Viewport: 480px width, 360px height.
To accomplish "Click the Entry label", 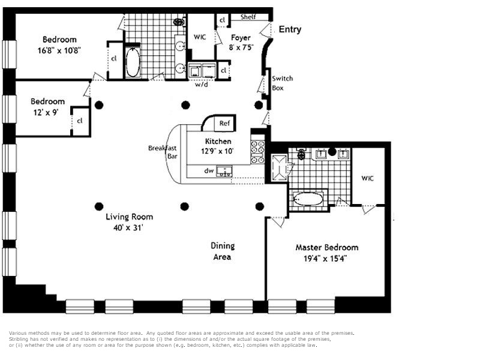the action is coord(290,29).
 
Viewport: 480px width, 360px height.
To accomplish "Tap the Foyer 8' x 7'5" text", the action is coord(241,43).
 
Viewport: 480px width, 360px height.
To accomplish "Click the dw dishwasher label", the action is coord(209,171).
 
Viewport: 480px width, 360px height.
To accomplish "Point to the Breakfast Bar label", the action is coord(163,152).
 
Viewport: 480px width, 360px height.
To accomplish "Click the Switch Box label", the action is coord(282,83).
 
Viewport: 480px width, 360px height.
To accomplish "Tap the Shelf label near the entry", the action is coord(248,17).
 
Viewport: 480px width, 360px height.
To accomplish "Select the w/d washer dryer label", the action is coord(201,84).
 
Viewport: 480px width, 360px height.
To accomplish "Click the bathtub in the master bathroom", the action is coord(308,199).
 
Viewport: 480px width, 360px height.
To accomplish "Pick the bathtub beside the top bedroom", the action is coord(133,62).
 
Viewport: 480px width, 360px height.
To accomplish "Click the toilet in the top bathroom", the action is coord(178,22).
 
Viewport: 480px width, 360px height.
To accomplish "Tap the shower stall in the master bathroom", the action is coord(280,168).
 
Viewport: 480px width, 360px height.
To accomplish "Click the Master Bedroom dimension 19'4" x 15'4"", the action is coord(325,259).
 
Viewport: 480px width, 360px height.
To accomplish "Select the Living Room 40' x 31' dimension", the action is coord(128,228).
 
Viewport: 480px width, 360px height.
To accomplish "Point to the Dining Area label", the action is coord(223,251).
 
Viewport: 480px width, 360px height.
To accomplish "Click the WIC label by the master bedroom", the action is coord(367,178).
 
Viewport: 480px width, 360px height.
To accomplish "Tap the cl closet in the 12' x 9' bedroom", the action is coord(80,121).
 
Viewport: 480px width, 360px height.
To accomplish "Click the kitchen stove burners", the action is coord(258,152).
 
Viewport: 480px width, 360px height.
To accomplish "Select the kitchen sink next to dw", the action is coord(224,171).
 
